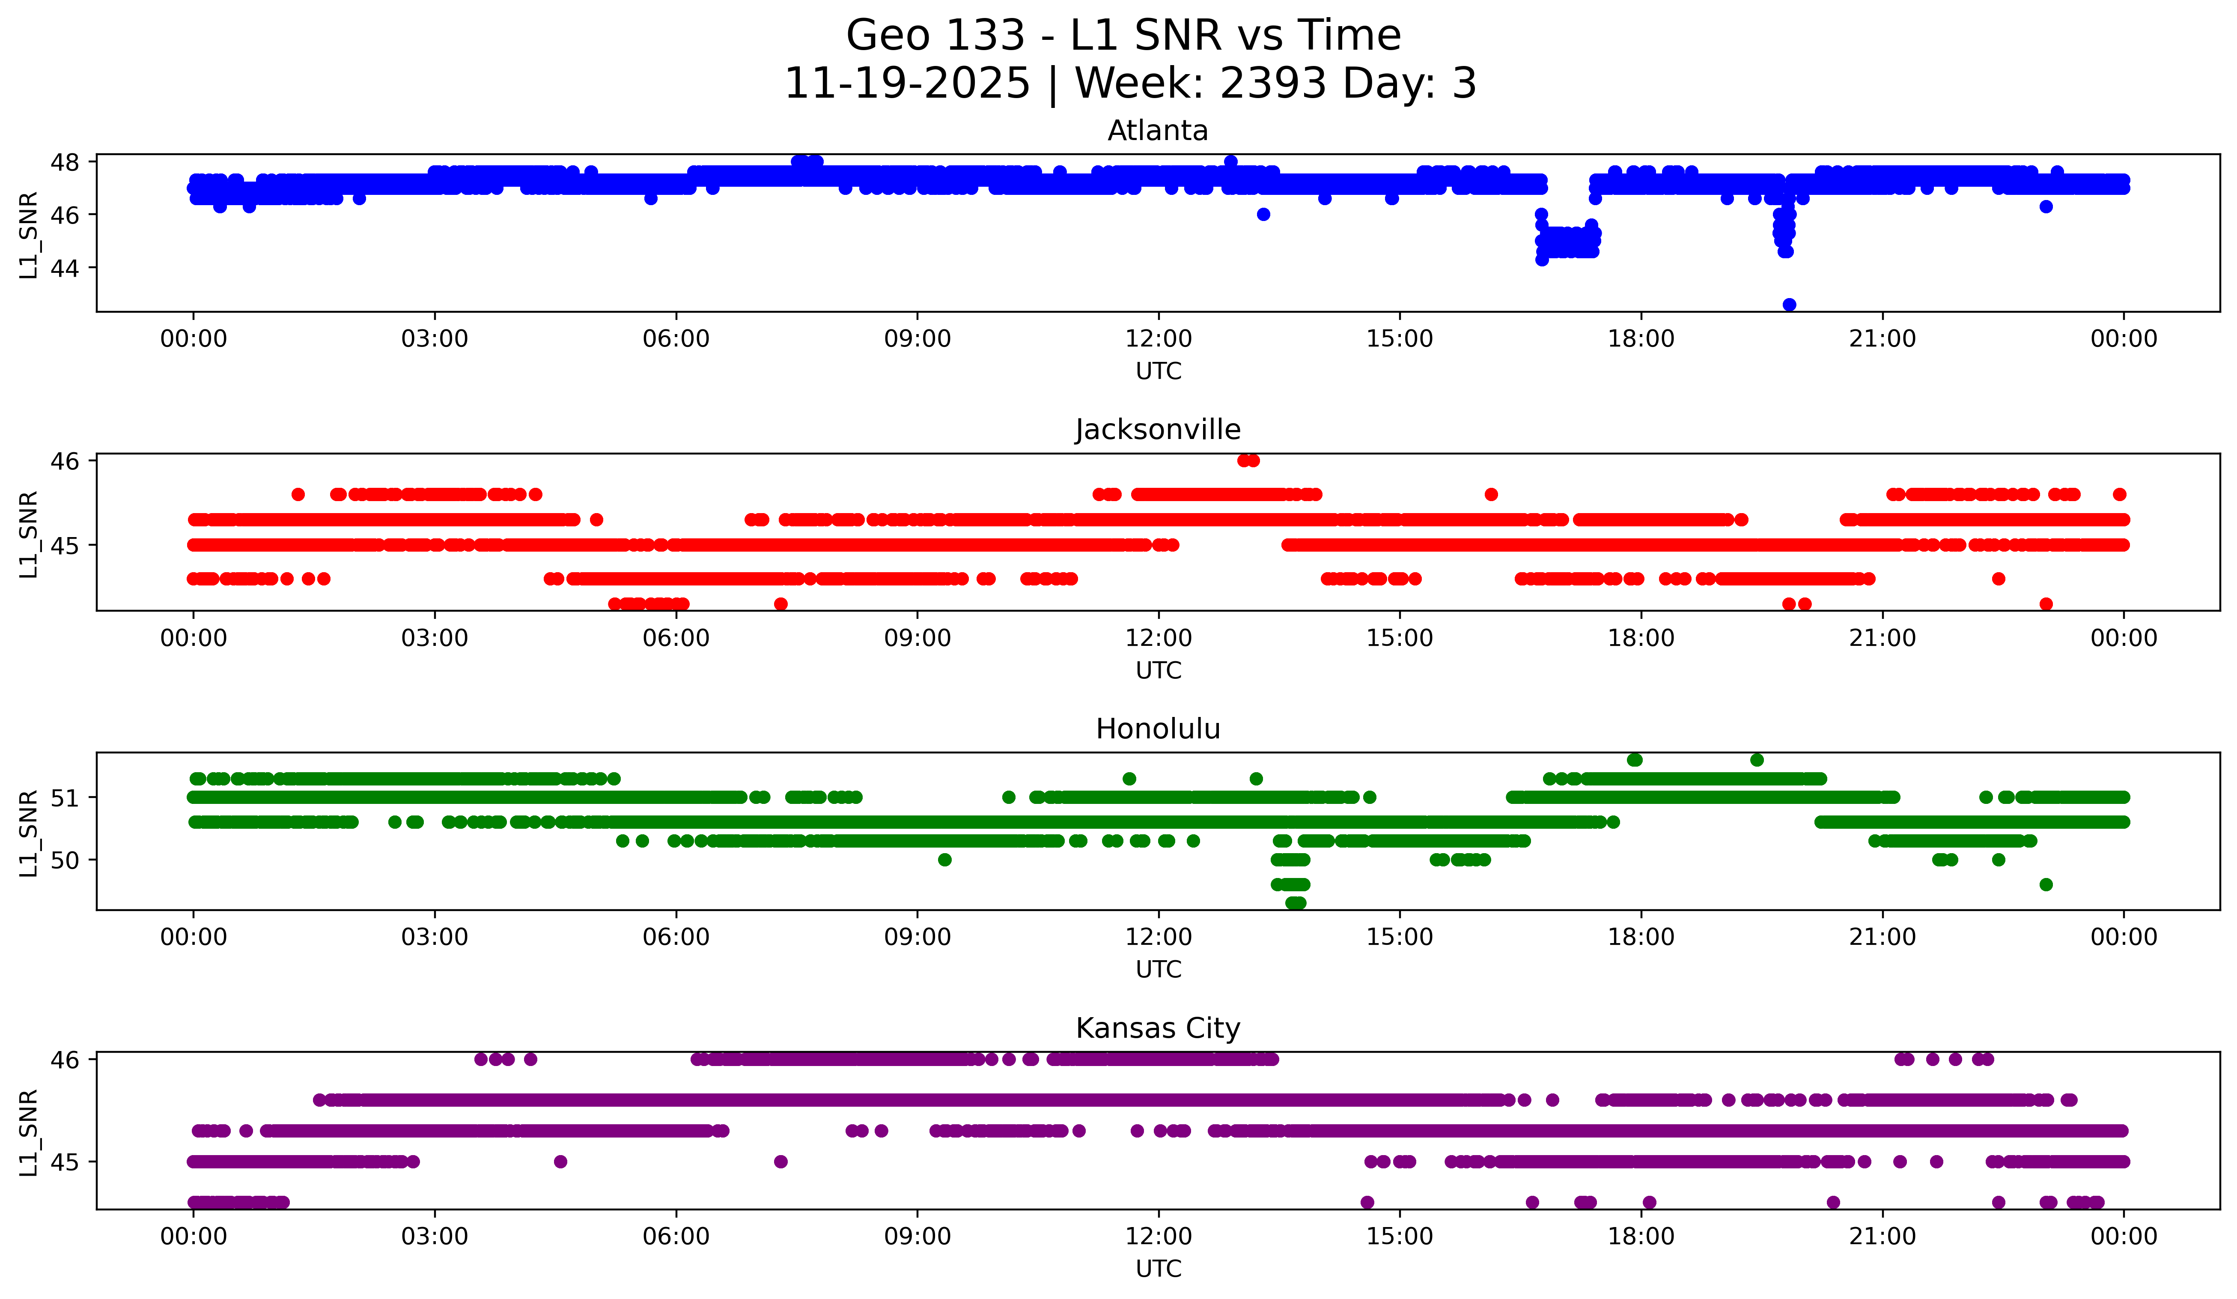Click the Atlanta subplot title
point(1158,131)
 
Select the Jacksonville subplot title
point(1158,430)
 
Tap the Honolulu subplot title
point(1158,729)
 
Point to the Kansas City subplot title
point(1158,1028)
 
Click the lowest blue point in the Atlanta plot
point(1789,305)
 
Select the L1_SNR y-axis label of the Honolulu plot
point(28,833)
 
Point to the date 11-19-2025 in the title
point(907,84)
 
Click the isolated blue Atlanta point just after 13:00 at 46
point(1263,214)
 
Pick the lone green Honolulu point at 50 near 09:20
point(944,860)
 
